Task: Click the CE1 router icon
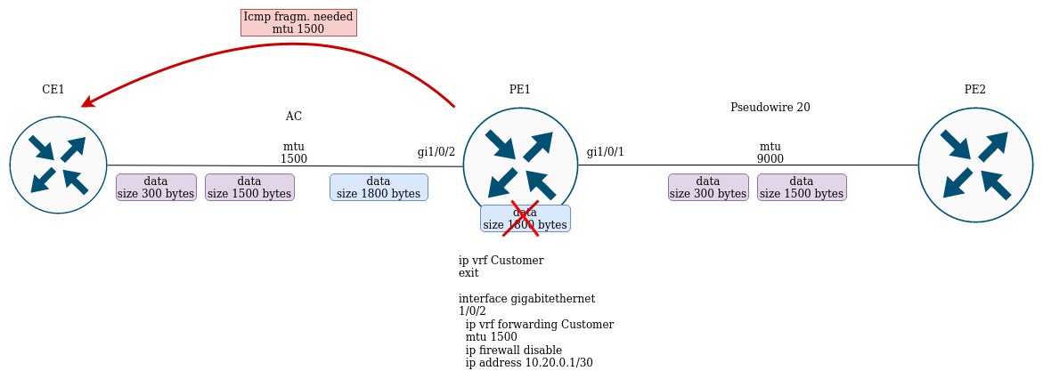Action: coord(59,165)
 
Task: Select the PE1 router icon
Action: coord(521,165)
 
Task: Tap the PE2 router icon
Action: coord(974,165)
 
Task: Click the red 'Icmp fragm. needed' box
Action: coord(298,23)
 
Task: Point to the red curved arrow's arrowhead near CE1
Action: coord(87,103)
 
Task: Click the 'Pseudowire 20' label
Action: coord(770,108)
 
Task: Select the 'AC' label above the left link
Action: coord(294,117)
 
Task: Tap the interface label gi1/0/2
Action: coord(436,152)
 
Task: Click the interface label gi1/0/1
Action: coord(606,152)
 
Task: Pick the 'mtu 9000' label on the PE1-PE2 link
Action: coord(770,152)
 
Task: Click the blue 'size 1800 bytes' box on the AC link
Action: coord(379,187)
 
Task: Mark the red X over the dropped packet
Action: coord(525,218)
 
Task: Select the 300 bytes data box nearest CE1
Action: coord(156,187)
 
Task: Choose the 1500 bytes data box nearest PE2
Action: coord(802,187)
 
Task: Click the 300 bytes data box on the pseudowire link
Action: coord(708,187)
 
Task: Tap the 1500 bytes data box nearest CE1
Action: coord(249,187)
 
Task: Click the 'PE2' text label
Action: coord(974,89)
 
